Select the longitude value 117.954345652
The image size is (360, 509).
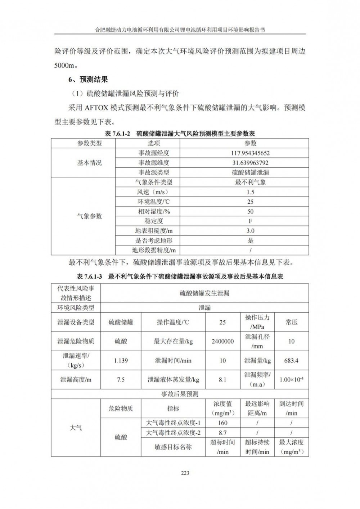click(x=250, y=153)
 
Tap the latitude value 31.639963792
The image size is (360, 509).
click(x=250, y=163)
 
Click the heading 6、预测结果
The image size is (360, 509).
click(x=88, y=79)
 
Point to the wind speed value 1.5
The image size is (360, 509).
click(x=250, y=192)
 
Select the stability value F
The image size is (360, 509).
click(x=250, y=221)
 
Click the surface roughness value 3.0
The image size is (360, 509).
click(x=250, y=231)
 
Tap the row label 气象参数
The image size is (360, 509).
click(x=90, y=216)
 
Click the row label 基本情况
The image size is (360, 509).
click(x=90, y=163)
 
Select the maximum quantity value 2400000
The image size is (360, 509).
click(x=222, y=341)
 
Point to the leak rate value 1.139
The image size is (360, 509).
click(x=121, y=360)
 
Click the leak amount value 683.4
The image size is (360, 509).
click(x=291, y=360)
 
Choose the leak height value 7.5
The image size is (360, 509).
click(x=121, y=379)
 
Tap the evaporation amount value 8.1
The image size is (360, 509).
click(x=222, y=379)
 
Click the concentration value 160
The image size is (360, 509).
click(x=222, y=423)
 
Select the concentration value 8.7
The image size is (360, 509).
click(x=222, y=433)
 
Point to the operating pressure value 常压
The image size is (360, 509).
click(x=291, y=322)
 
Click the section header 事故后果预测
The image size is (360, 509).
click(x=180, y=394)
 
